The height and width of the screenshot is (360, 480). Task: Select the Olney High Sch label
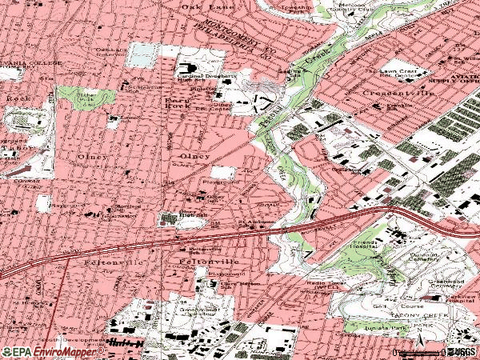tap(186, 211)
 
